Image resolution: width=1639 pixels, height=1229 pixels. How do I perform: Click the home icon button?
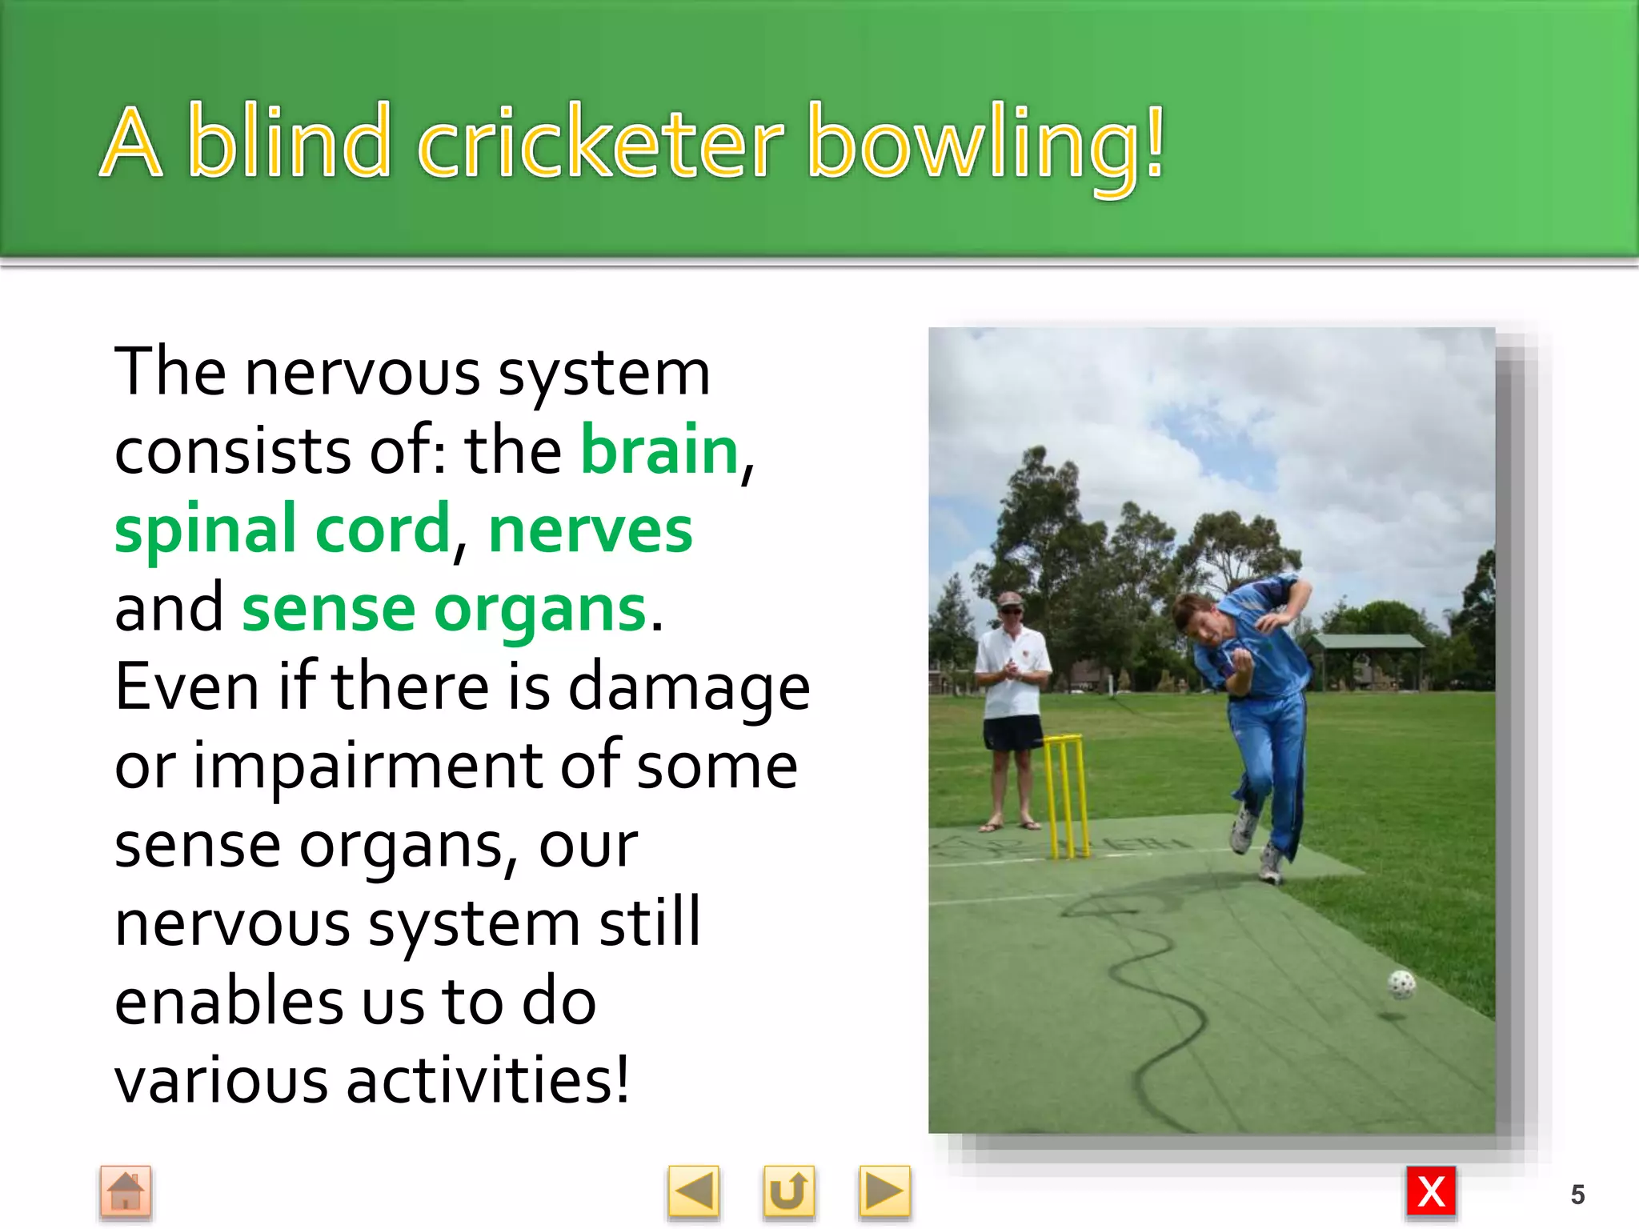[126, 1192]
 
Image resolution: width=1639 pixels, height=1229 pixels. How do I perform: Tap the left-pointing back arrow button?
[693, 1192]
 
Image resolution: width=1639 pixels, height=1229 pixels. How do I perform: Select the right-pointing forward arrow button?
[884, 1192]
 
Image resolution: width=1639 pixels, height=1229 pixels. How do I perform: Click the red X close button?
[1431, 1192]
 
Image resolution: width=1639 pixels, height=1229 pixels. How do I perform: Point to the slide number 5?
[1577, 1195]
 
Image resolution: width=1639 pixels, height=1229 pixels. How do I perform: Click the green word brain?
[659, 450]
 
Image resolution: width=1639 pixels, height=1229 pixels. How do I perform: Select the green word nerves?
[591, 530]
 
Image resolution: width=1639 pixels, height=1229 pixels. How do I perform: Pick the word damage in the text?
[689, 687]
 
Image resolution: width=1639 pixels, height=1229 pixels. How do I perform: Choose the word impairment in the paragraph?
[368, 766]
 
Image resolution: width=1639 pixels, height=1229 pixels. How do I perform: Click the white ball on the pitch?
[1401, 985]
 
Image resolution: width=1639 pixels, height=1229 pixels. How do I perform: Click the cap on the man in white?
[1010, 599]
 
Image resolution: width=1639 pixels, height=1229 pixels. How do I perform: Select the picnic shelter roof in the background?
[1369, 641]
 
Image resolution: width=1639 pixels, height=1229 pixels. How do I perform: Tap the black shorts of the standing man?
[1012, 733]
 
